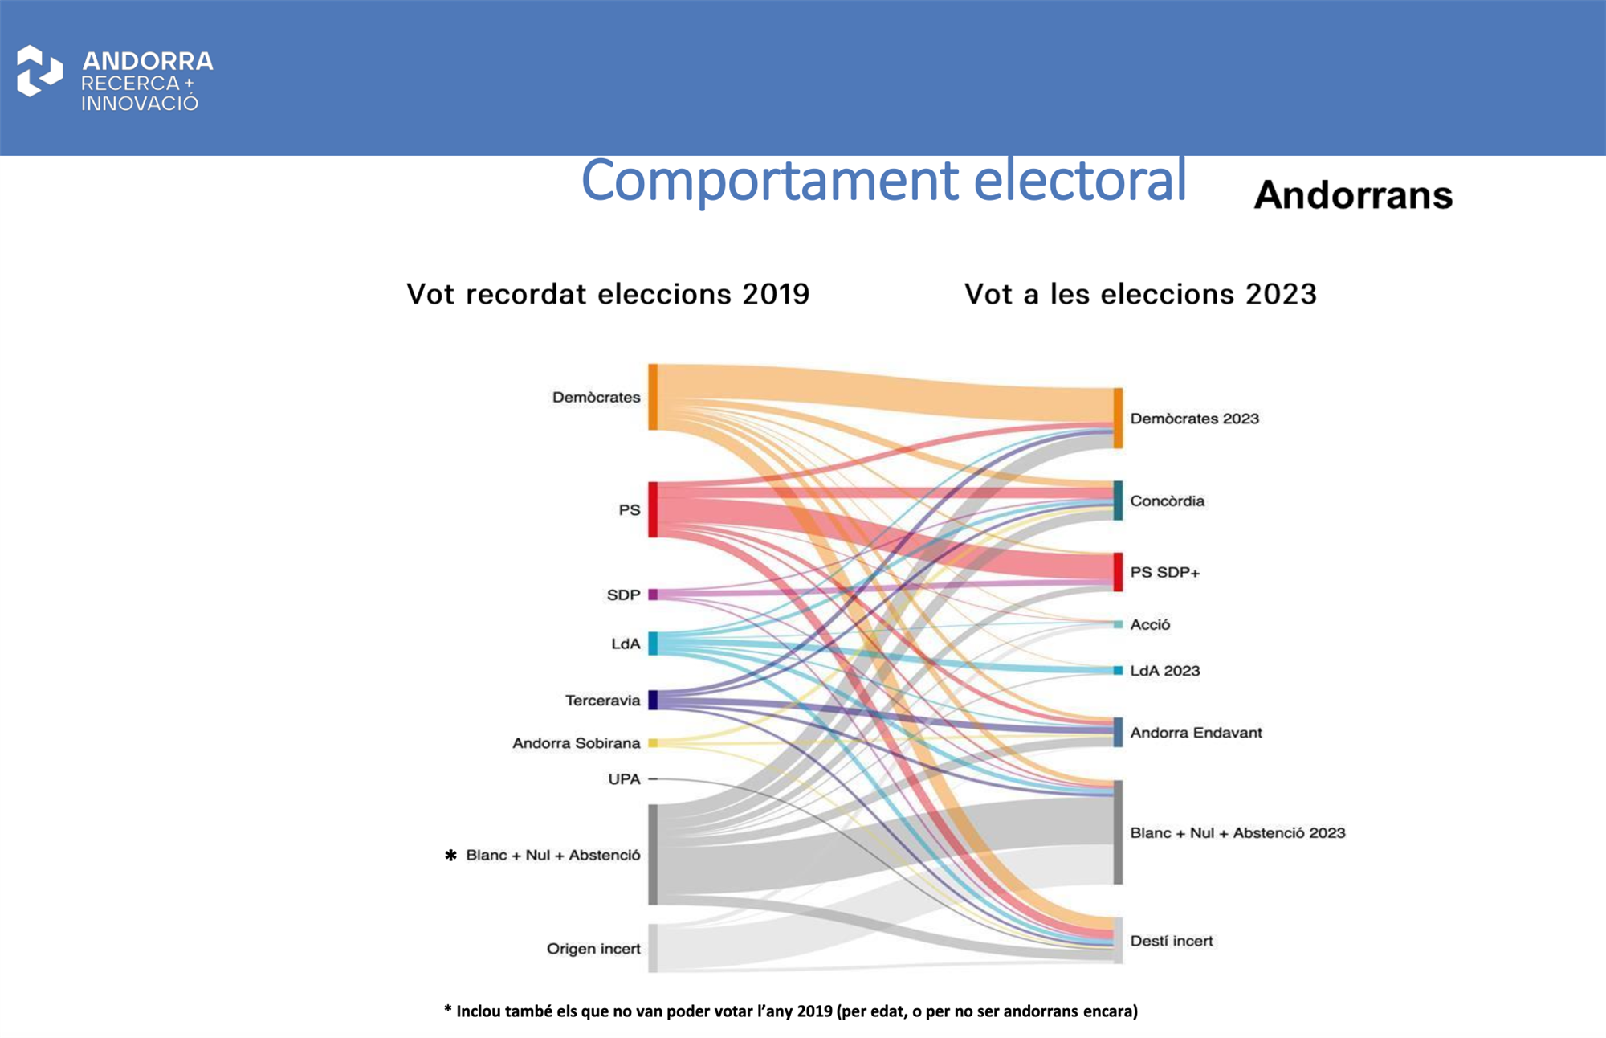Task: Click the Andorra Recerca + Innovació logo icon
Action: click(39, 72)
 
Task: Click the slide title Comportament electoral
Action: click(883, 180)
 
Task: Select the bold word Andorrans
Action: click(1354, 195)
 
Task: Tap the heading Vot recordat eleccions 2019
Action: click(608, 294)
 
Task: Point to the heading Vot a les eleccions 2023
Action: click(1140, 294)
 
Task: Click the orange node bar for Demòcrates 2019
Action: click(653, 397)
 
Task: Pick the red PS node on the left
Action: click(653, 509)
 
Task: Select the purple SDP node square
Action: click(653, 595)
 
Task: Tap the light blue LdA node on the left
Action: click(653, 644)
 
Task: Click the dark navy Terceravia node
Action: click(653, 700)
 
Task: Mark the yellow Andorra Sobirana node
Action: click(653, 743)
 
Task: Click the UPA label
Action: click(624, 779)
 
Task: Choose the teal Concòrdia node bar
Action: click(1118, 501)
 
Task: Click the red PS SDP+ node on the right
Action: click(1118, 572)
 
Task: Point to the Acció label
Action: click(1150, 624)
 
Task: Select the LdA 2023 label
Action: click(1165, 671)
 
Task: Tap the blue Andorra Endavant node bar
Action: click(1118, 732)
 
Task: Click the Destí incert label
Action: click(1172, 941)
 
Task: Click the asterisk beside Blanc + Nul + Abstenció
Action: click(450, 856)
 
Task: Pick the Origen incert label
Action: click(593, 949)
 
